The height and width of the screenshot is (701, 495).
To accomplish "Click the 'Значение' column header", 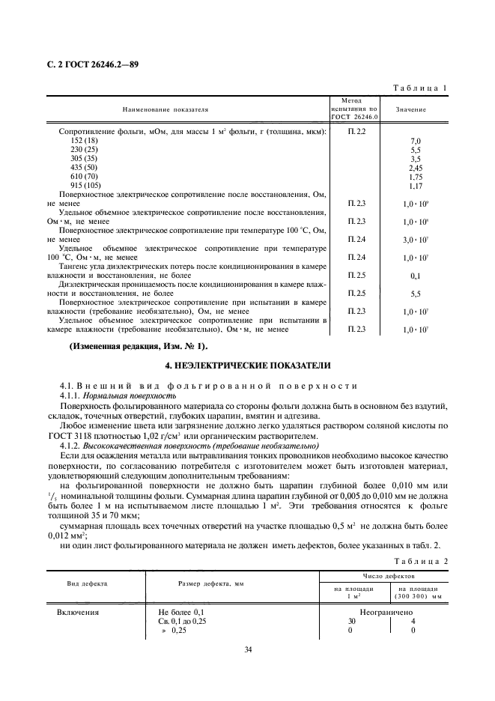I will [411, 109].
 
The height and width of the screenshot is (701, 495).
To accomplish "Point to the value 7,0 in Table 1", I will [416, 141].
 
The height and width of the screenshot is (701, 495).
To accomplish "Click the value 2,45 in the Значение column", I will [416, 168].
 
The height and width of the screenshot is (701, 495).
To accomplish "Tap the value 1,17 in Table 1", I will [416, 186].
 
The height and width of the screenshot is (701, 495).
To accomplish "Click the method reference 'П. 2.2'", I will [356, 132].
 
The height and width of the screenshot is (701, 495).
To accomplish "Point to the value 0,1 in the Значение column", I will [416, 276].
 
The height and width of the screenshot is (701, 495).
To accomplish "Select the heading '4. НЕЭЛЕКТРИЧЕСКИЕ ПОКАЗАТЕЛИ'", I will [247, 365].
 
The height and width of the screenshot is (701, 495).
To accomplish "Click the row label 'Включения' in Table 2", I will [78, 612].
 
